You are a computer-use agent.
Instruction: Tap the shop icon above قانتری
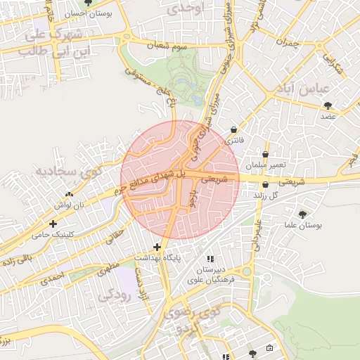[x=233, y=129]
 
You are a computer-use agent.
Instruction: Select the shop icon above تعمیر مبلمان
[x=265, y=154]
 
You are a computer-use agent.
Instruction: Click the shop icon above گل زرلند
[x=265, y=184]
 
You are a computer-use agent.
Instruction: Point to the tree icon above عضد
[x=328, y=105]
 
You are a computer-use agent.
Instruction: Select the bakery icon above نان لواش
[x=69, y=194]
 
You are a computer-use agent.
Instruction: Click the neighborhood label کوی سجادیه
[x=69, y=171]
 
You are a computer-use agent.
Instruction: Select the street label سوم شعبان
[x=167, y=46]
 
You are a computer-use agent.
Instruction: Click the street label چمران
[x=287, y=44]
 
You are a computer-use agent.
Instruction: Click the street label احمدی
[x=53, y=278]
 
